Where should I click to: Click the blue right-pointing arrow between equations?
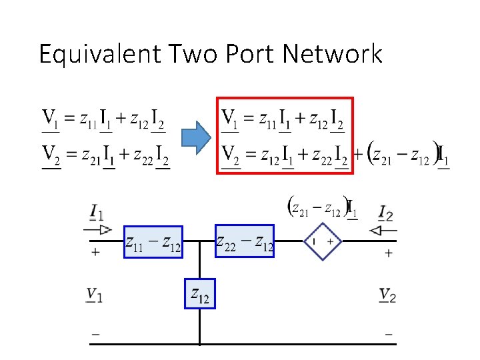coord(197,139)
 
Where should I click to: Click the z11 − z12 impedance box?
coord(153,241)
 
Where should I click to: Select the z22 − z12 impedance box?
coord(245,241)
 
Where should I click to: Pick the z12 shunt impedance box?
coord(200,293)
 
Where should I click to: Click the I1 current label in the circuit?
coord(97,213)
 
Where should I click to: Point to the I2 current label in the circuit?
coord(386,213)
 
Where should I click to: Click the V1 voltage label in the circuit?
coord(95,295)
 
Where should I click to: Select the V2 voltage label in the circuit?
coord(387,295)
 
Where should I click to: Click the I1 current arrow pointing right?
coord(99,230)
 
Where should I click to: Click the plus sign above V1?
coord(96,253)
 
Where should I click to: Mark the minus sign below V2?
coord(388,334)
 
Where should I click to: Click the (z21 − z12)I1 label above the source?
coord(322,207)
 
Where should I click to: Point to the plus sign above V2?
coord(388,253)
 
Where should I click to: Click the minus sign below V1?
coord(96,334)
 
